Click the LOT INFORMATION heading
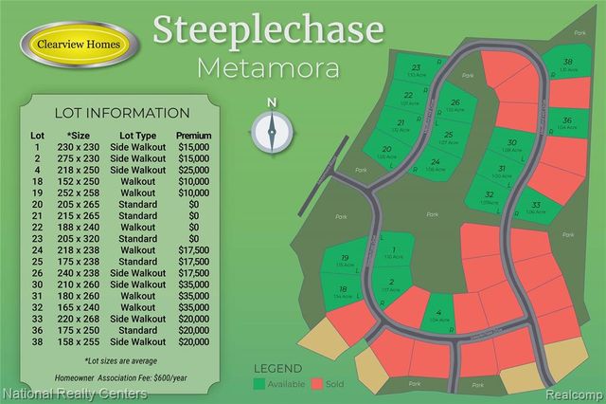(x=121, y=113)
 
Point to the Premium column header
(x=193, y=136)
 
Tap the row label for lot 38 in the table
(x=37, y=340)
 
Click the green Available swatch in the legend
(x=259, y=383)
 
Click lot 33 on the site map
(x=535, y=206)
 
